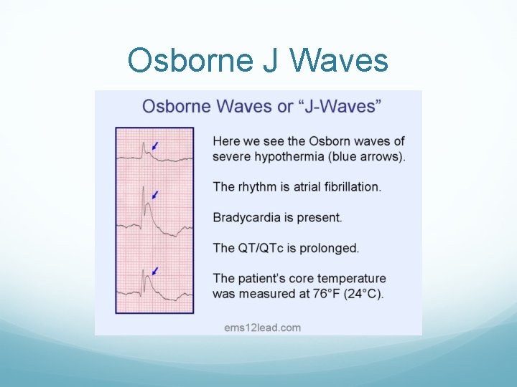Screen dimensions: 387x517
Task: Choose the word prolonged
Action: point(330,248)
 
